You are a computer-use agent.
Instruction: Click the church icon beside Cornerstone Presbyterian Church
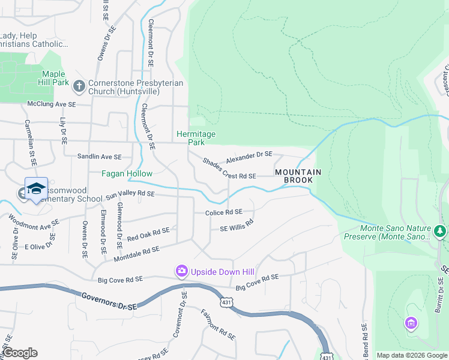[79, 87]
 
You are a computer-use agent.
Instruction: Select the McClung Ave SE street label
[52, 104]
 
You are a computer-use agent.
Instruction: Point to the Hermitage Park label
[196, 138]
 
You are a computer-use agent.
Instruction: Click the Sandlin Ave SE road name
[100, 157]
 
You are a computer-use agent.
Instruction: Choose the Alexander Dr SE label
[249, 158]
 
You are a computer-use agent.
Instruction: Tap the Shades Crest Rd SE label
[229, 169]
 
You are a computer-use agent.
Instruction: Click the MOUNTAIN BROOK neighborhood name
[298, 176]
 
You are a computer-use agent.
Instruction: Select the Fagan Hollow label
[126, 173]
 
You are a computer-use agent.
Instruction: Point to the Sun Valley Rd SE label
[130, 194]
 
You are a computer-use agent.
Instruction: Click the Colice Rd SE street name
[223, 212]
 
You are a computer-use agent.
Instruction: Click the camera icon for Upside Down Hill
[181, 272]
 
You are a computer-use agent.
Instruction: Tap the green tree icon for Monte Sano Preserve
[440, 231]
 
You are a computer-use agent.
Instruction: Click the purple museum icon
[411, 324]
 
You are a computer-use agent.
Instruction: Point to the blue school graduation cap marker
[36, 188]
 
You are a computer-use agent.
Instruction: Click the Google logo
[20, 353]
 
